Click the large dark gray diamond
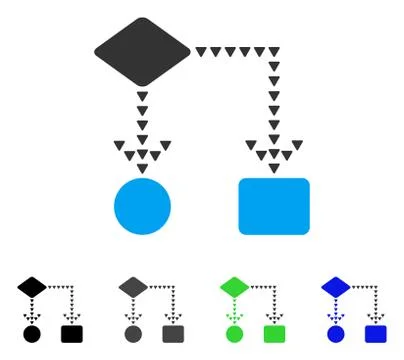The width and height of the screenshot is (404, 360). point(142,48)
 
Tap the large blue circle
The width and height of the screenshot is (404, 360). point(142,205)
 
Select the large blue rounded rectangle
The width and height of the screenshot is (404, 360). point(274,205)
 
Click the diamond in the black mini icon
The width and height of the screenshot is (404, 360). point(31,287)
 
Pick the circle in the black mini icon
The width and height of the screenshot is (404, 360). point(31,332)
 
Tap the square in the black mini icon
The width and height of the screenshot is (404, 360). point(71,332)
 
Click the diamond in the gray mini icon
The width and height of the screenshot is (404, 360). point(133,287)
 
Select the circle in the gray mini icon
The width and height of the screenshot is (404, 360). point(133,332)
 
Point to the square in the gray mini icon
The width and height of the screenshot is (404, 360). point(173,332)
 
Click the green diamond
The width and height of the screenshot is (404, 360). point(234,287)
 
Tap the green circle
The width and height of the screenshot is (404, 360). point(234,332)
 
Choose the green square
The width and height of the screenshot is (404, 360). point(274,332)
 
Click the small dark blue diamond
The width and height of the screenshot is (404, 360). point(336,287)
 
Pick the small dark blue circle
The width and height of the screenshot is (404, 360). point(336,332)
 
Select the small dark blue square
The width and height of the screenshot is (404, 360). point(376,332)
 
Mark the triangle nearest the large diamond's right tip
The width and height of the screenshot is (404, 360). point(201,51)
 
